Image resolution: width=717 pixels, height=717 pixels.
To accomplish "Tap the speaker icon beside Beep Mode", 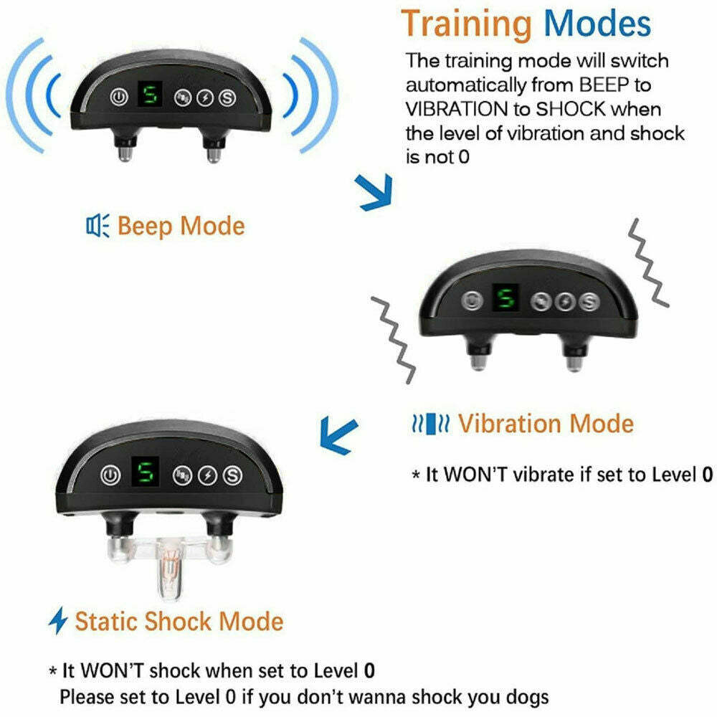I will coord(97,226).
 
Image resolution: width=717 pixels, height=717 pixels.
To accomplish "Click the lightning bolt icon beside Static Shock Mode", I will coord(57,621).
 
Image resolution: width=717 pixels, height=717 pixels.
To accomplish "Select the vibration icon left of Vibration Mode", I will coord(429,424).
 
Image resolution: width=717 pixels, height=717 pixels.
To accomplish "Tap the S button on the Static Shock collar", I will coord(232,475).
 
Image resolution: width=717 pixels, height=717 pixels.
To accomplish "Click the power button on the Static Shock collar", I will coord(110,474).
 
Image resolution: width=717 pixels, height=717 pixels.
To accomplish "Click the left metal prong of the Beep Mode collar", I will coord(124,149).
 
